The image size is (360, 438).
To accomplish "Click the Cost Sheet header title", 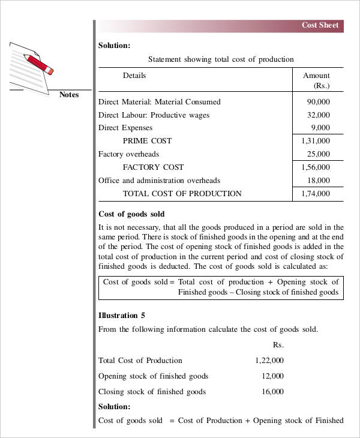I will [x=320, y=25].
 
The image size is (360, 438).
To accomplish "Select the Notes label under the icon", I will [x=69, y=95].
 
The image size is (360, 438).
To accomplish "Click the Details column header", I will [x=134, y=76].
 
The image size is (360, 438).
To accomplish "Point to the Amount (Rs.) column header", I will [x=316, y=81].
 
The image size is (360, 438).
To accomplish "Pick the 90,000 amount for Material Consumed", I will [x=318, y=102].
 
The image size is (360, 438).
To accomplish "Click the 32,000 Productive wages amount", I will [x=318, y=115].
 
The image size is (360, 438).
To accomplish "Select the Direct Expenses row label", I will [x=125, y=128].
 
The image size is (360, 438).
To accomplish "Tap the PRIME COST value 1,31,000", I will [x=316, y=141].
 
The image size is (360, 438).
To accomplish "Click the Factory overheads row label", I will [x=128, y=154].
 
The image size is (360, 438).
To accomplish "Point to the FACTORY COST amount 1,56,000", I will [x=316, y=167].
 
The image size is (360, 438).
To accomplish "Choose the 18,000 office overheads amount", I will [x=318, y=181].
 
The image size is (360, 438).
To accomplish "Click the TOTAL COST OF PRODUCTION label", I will [x=182, y=194].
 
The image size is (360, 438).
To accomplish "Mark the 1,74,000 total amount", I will [x=316, y=194].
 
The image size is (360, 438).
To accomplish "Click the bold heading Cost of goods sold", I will [x=131, y=214].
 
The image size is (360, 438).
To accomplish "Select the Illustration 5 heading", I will [x=122, y=315].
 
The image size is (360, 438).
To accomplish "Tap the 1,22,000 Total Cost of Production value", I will [x=269, y=361].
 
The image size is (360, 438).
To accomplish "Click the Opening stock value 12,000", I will [x=272, y=376].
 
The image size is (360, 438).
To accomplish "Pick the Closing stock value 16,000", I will [x=272, y=392].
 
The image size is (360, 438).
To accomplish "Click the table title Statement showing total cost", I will [x=221, y=59].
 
